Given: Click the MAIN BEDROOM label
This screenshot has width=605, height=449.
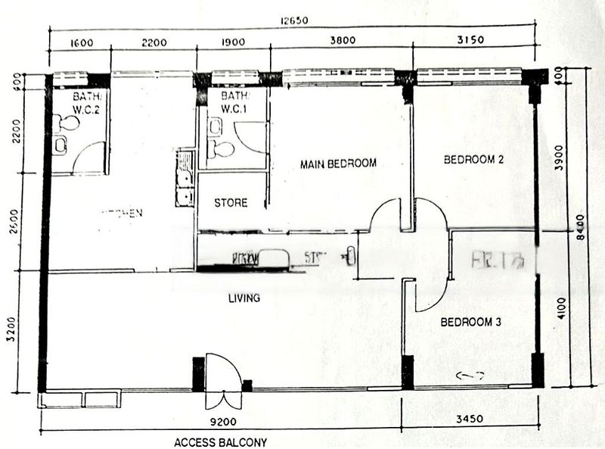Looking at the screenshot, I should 338,164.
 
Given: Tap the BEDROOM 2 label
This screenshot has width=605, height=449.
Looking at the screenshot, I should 473,160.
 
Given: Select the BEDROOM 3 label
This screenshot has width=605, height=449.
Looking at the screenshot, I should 471,322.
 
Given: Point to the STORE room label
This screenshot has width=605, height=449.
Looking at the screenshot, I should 231,203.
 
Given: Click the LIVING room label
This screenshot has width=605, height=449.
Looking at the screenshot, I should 244,298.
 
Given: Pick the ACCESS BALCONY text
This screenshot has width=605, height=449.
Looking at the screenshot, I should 220,441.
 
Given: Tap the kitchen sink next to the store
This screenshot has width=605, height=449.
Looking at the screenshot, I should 183,178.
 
